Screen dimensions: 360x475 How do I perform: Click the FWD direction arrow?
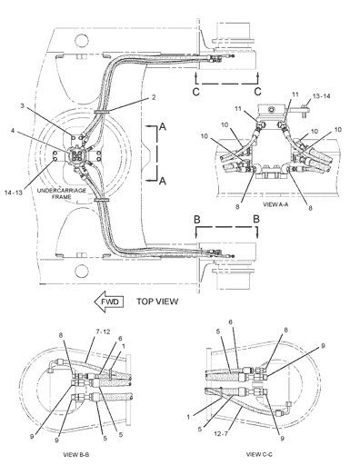pos(109,302)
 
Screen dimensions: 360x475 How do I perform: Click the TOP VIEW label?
pos(157,302)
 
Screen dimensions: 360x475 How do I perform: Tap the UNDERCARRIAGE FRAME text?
pos(62,193)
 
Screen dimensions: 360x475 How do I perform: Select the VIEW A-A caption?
pos(275,204)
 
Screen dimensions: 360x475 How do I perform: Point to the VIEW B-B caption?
pos(76,455)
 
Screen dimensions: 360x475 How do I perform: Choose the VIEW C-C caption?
pos(259,454)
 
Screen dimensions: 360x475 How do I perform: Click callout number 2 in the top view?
pos(154,97)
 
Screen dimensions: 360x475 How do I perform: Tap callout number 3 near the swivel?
pos(22,105)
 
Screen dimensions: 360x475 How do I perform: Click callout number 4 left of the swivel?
pos(13,131)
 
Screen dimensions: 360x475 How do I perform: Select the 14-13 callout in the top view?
pos(14,193)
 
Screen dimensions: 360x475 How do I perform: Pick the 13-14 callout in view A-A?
pos(322,96)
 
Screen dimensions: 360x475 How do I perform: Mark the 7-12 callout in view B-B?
pos(103,332)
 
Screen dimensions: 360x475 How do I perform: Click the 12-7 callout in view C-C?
pos(221,434)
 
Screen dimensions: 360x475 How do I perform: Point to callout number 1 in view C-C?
pos(188,417)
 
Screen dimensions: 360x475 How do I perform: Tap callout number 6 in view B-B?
pos(120,339)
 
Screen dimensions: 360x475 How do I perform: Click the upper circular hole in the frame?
pos(82,40)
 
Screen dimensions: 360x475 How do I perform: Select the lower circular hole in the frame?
pos(82,271)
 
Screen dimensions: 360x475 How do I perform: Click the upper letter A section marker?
pos(163,126)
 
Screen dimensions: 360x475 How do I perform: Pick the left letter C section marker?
pos(196,92)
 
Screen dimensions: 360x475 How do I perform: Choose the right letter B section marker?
pos(256,219)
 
